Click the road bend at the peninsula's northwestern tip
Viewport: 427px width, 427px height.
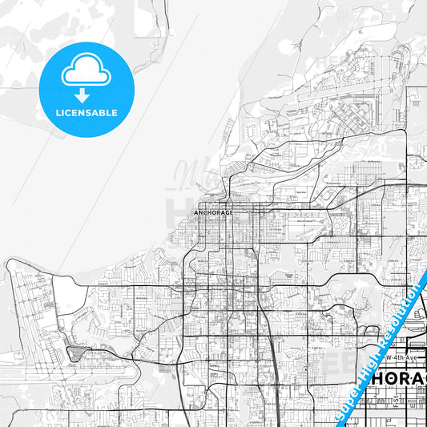[11, 264]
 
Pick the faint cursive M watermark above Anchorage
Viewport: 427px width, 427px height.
[187, 172]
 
